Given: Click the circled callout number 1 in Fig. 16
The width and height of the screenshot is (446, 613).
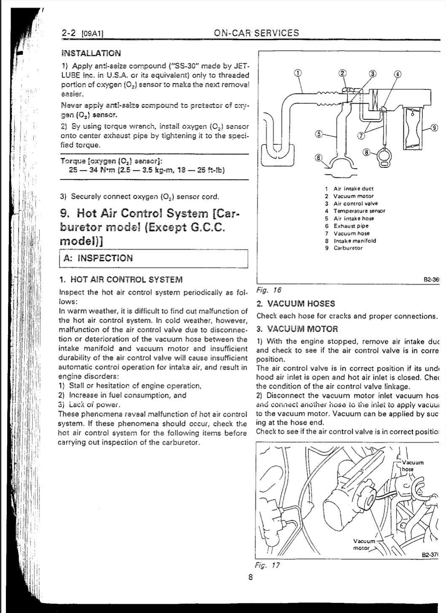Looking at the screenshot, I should tap(298, 72).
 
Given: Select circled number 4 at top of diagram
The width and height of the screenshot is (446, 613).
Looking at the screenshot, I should tap(397, 74).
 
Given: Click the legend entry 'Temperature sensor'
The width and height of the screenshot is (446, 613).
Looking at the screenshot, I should tap(359, 211).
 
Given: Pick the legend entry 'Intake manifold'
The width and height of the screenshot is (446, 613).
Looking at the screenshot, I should tap(355, 241).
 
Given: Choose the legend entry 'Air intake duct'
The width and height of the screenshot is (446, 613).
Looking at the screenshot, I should tap(353, 189).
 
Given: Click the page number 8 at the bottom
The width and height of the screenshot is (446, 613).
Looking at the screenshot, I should tap(250, 578).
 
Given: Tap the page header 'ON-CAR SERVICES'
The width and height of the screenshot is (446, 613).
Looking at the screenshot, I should tap(256, 33).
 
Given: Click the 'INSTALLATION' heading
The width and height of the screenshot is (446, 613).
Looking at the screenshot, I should tap(91, 53).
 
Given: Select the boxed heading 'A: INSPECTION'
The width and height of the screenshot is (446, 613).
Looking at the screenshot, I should tap(98, 258).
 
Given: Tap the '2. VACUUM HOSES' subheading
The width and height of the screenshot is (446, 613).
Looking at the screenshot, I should tap(296, 304).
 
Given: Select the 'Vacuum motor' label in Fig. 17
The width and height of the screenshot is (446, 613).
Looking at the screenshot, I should tap(364, 544).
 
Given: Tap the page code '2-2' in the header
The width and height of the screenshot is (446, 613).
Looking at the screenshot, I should tap(69, 33).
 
